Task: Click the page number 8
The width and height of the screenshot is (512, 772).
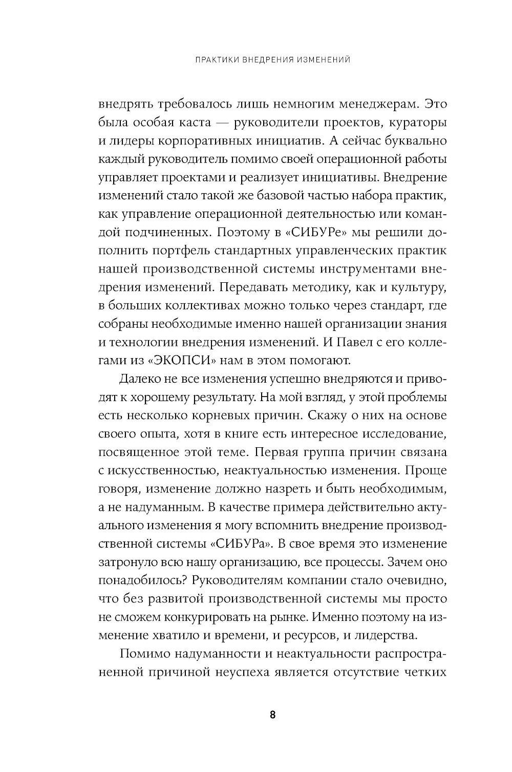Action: (x=272, y=715)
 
